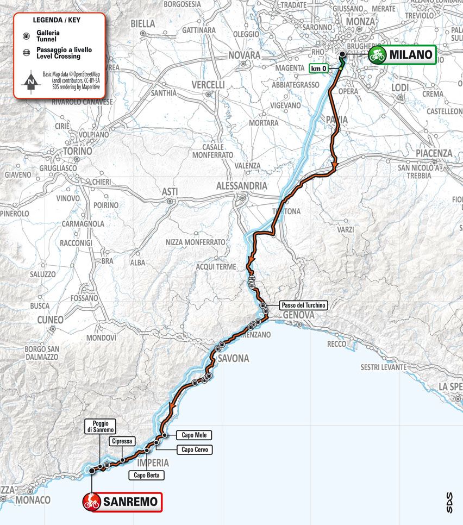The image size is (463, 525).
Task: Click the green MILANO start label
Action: pyautogui.click(x=402, y=54)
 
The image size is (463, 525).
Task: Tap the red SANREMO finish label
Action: pyautogui.click(x=122, y=501)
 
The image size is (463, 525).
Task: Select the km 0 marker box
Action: pyautogui.click(x=321, y=68)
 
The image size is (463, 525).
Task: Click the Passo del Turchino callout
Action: pyautogui.click(x=303, y=305)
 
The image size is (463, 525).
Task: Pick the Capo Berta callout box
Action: pyautogui.click(x=146, y=475)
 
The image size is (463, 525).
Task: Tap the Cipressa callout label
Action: pyautogui.click(x=121, y=441)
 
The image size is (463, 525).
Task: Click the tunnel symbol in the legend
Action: pyautogui.click(x=25, y=35)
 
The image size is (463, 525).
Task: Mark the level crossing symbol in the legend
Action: pyautogui.click(x=25, y=53)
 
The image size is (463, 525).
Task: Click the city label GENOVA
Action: pyautogui.click(x=298, y=315)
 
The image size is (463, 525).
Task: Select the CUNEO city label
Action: pyautogui.click(x=51, y=320)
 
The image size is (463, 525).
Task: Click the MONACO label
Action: pyautogui.click(x=33, y=499)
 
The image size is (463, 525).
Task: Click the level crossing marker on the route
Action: pyautogui.click(x=252, y=282)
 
